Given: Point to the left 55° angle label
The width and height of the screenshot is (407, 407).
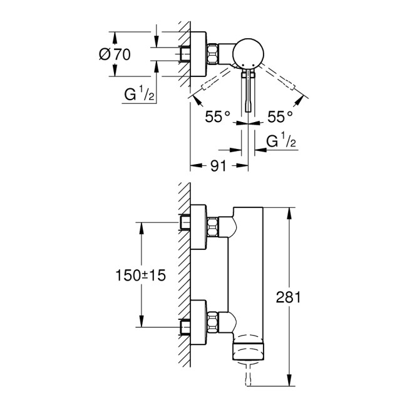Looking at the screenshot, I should [219, 116].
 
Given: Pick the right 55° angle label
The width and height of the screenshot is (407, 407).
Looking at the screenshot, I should [280, 116].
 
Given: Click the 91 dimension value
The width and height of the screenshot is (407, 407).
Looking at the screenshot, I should [217, 167].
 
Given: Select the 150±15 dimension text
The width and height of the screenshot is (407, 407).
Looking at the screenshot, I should [140, 276].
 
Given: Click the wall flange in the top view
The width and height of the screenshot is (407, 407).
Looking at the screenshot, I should [197, 54].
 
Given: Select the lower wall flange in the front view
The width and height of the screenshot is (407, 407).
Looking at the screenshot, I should [198, 317].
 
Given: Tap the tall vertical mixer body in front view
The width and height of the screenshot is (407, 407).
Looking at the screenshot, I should [249, 276].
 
